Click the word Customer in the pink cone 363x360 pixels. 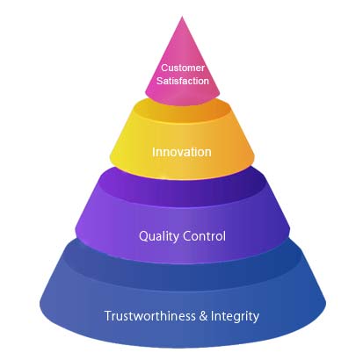click(183, 68)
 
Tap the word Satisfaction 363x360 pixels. click(183, 81)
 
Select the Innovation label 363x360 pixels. click(182, 152)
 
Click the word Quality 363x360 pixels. click(157, 236)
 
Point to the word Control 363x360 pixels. click(204, 236)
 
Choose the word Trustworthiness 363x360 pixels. click(150, 316)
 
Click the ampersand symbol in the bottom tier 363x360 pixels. click(203, 316)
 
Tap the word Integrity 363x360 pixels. click(235, 317)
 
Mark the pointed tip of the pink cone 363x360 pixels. click(182, 17)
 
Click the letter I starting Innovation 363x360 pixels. click(154, 152)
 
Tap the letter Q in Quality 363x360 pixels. click(143, 236)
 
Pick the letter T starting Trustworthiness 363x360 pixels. click(108, 316)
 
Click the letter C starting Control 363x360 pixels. click(186, 236)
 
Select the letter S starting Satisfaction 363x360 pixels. click(160, 81)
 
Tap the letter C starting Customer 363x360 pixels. click(164, 68)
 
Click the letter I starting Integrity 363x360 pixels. click(213, 316)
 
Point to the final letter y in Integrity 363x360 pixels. click(256, 319)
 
